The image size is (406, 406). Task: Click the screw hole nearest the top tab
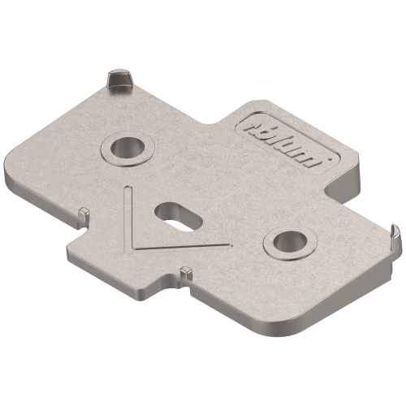pos(125,148)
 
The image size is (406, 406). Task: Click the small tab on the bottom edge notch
pos(185,272)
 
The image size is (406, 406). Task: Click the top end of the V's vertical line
pos(127,188)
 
